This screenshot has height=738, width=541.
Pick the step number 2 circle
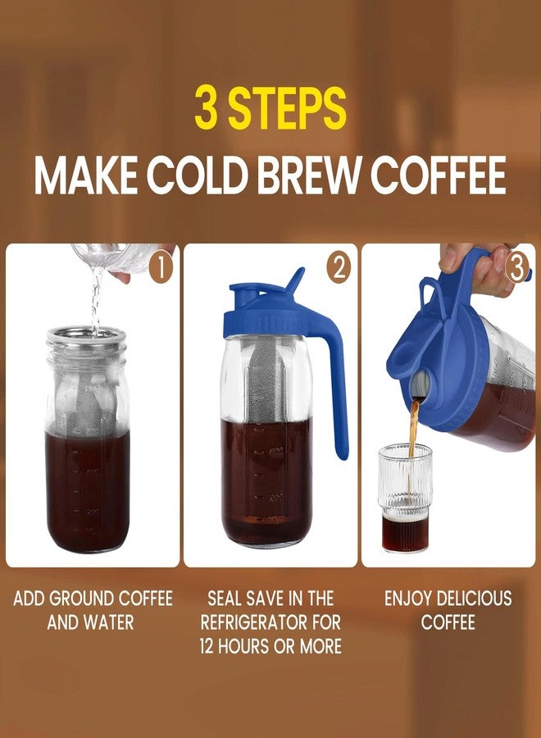click(339, 268)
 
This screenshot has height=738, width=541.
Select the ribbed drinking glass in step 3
click(405, 496)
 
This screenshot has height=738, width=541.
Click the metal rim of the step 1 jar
click(86, 336)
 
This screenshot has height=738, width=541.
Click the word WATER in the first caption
click(106, 622)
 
